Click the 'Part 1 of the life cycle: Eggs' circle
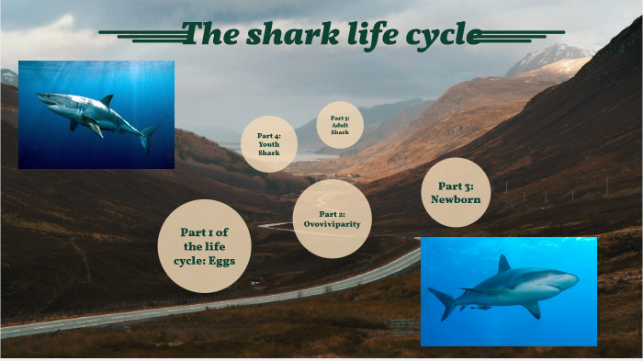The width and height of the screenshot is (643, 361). (x=204, y=246)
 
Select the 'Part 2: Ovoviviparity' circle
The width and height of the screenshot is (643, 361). (x=332, y=219)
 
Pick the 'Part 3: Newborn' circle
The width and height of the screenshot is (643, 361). (x=456, y=192)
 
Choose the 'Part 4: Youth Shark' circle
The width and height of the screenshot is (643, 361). (x=269, y=144)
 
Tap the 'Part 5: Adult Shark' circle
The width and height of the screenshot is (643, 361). (x=340, y=125)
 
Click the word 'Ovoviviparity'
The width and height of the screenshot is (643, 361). (x=332, y=224)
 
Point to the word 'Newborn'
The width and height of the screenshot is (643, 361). (x=456, y=198)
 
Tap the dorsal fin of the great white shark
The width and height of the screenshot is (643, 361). (x=107, y=98)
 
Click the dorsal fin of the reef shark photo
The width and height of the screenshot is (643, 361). (x=502, y=265)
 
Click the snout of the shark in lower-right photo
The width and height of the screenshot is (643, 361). (x=575, y=276)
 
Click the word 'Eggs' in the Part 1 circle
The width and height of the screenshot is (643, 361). (x=220, y=261)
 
